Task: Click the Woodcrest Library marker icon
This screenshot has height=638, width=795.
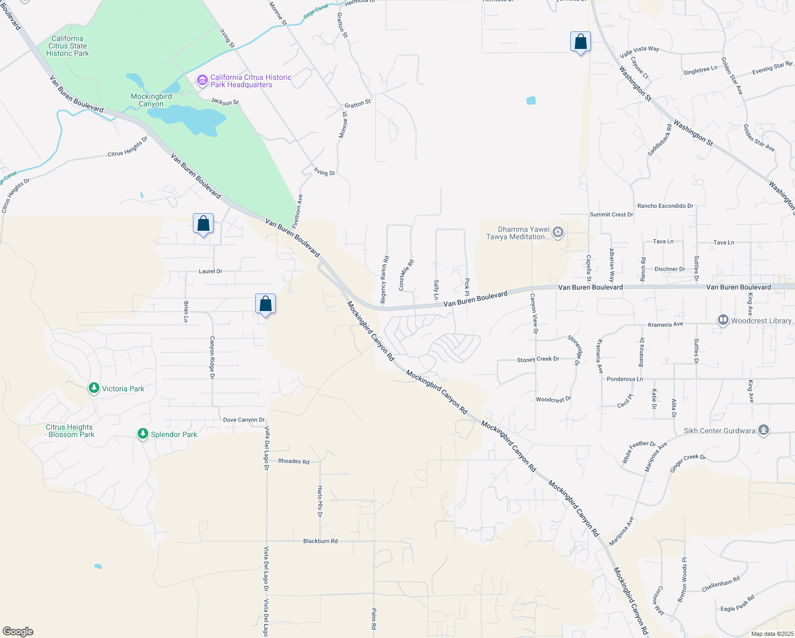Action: (x=723, y=320)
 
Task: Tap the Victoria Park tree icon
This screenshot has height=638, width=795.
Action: (x=94, y=389)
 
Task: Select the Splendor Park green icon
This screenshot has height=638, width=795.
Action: (x=142, y=434)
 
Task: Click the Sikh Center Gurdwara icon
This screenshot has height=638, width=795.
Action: (x=764, y=430)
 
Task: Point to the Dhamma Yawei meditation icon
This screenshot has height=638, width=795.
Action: (x=558, y=232)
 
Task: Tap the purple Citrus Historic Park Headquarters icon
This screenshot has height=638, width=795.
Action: (x=202, y=81)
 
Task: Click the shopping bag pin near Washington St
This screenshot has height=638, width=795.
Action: (x=580, y=42)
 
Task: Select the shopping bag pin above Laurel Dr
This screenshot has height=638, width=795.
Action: (x=203, y=224)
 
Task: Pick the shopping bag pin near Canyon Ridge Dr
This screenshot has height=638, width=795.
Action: (x=265, y=304)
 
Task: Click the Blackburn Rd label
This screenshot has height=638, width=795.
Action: (x=320, y=541)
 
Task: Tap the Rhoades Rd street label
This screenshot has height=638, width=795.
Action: (x=294, y=461)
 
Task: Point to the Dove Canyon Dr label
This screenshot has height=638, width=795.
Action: (x=244, y=420)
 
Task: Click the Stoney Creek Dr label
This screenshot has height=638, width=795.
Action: (x=538, y=359)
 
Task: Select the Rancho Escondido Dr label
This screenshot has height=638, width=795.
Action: (x=665, y=206)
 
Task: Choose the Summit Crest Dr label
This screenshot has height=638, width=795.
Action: (x=611, y=215)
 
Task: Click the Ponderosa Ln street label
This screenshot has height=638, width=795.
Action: (x=624, y=379)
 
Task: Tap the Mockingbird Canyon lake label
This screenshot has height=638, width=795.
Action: (x=151, y=100)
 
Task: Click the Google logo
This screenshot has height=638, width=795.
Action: (x=18, y=632)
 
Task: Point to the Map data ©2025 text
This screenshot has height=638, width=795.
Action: (x=772, y=634)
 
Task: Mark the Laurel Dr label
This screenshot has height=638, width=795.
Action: (x=210, y=271)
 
